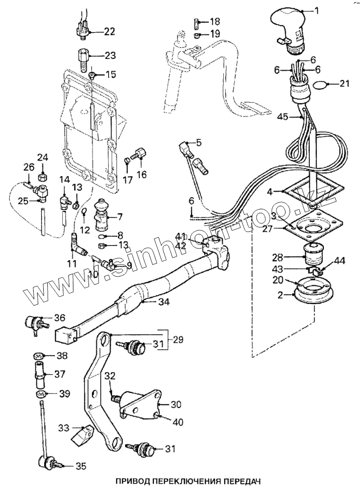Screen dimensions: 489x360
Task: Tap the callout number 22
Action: [x=109, y=32]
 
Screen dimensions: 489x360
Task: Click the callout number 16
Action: [x=142, y=175]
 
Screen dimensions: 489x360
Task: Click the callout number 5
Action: [x=199, y=143]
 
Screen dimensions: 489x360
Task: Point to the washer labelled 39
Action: [x=41, y=393]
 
